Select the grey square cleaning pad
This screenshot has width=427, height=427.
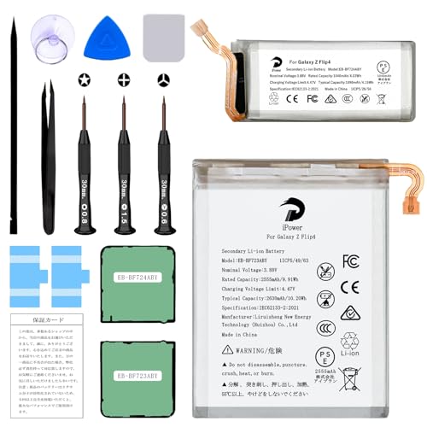click(161, 35)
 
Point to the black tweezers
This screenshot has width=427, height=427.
click(49, 145)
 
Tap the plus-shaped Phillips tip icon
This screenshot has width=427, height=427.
click(124, 79)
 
